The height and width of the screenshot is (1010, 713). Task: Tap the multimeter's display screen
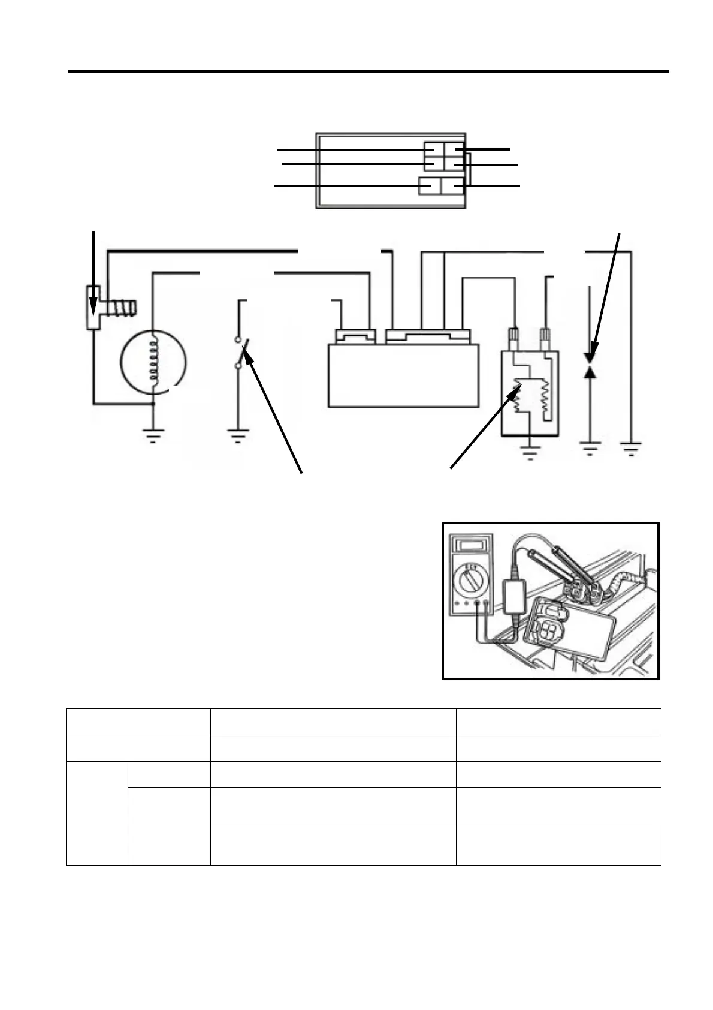470,545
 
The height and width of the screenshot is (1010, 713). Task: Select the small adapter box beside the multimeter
513,595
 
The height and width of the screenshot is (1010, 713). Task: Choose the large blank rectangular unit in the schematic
403,375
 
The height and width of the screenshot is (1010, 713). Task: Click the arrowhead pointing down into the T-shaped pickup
93,311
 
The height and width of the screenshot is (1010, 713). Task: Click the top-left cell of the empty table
138,722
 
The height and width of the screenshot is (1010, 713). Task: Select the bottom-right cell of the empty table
558,845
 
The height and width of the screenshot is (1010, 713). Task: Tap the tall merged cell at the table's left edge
96,813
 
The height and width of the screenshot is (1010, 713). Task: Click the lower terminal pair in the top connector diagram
441,186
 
